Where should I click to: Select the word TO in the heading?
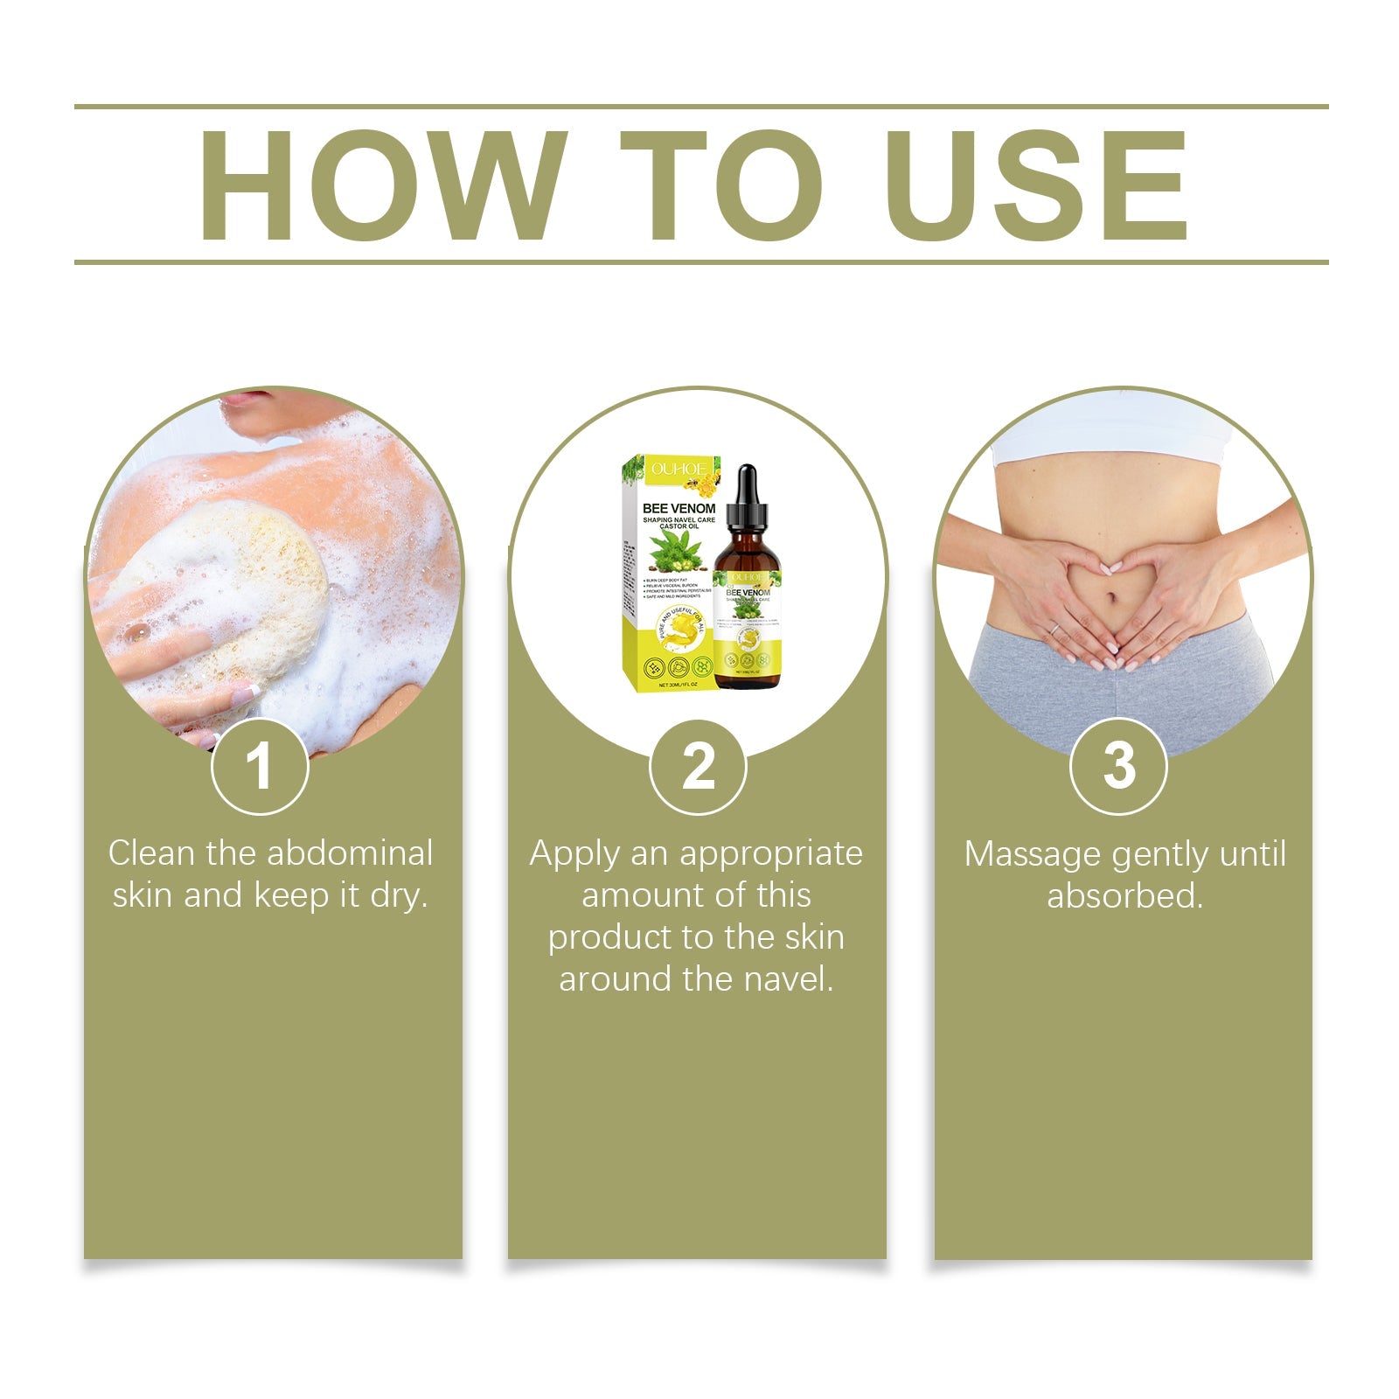tap(721, 185)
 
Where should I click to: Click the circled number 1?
tap(260, 767)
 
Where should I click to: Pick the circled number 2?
tap(698, 767)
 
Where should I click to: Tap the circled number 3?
tap(1118, 767)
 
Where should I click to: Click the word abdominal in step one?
tap(351, 853)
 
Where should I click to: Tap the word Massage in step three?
tap(1021, 854)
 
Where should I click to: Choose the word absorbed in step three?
tap(1124, 896)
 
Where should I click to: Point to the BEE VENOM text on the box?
tap(679, 508)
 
